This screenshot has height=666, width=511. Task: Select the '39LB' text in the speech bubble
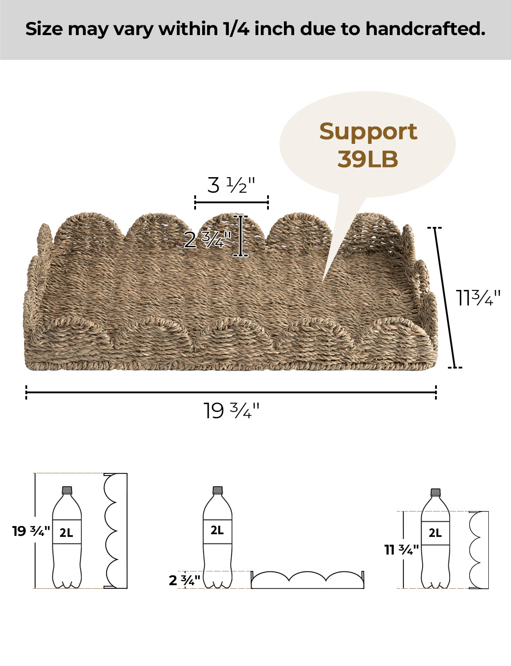click(367, 159)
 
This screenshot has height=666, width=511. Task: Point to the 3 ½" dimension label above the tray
click(231, 185)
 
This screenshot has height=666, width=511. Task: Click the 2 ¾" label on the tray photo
click(208, 240)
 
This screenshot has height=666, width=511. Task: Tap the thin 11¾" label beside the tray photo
click(478, 297)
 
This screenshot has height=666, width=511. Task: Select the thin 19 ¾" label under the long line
click(232, 411)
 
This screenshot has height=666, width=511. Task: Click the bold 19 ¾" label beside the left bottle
click(31, 531)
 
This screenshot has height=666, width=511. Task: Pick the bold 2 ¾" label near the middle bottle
click(184, 580)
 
